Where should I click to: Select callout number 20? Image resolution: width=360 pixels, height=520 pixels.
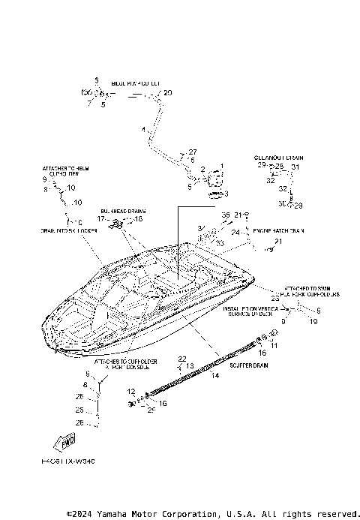tap(167, 93)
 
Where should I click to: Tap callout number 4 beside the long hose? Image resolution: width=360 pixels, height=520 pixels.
tap(142, 130)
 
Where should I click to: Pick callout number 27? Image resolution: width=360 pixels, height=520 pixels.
tap(192, 152)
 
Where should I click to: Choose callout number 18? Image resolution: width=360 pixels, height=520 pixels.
tap(138, 219)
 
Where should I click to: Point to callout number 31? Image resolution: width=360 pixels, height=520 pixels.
tap(295, 167)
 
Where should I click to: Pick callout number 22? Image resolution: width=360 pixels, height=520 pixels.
tap(181, 359)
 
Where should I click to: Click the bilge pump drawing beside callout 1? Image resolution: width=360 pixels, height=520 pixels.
tap(215, 181)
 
